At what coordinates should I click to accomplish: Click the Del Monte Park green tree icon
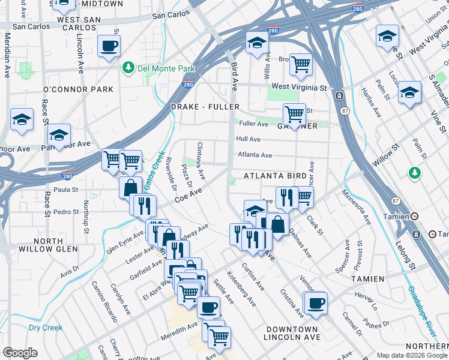(128, 68)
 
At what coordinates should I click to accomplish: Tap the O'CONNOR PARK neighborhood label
(78, 89)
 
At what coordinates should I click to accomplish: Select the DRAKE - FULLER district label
(205, 107)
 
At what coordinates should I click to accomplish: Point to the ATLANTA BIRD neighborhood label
(276, 176)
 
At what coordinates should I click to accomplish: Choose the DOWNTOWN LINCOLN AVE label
(292, 334)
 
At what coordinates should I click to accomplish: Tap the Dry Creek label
(46, 328)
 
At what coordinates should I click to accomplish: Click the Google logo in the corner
(20, 352)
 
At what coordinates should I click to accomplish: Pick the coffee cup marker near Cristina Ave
(315, 302)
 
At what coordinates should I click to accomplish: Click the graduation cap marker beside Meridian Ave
(22, 118)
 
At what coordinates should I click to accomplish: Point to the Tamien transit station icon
(414, 215)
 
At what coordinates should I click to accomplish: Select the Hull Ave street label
(249, 139)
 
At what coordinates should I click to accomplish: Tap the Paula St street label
(67, 190)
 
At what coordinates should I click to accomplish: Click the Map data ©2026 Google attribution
(411, 355)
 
